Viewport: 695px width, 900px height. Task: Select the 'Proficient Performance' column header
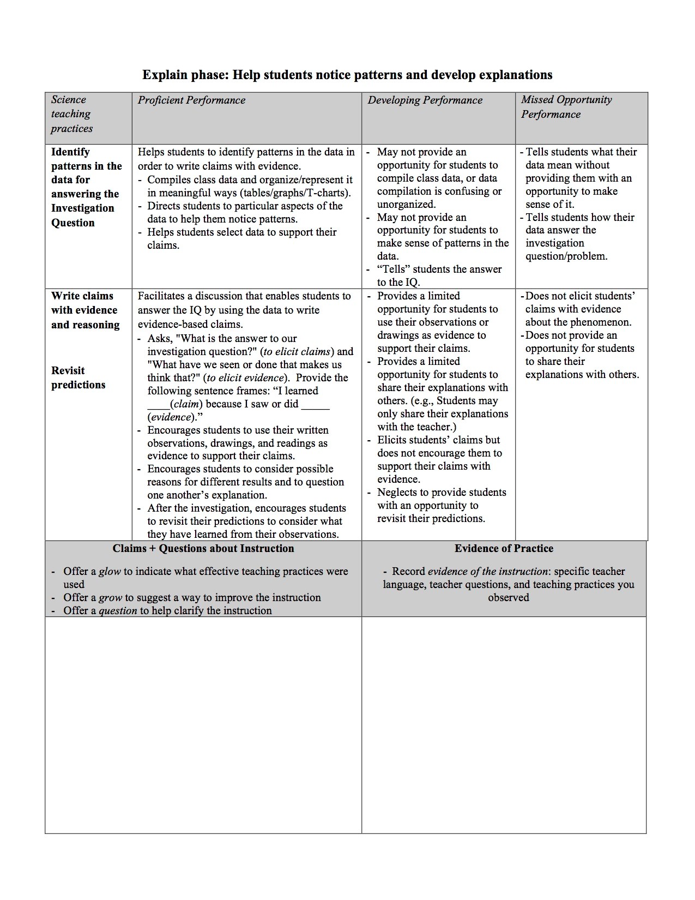point(191,100)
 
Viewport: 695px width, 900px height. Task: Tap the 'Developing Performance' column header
point(425,100)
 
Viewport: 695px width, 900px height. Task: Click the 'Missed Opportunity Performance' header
point(566,107)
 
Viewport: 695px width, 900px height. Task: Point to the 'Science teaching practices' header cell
point(71,114)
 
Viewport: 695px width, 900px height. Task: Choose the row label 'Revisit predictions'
point(78,377)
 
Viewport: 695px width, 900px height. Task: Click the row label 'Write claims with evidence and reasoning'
point(85,310)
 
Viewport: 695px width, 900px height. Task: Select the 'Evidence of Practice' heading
point(504,549)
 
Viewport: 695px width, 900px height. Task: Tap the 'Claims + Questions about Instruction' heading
point(203,549)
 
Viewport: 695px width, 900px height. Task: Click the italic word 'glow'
point(110,572)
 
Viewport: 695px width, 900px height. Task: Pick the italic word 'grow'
point(110,598)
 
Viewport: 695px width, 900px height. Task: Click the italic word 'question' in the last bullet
point(118,611)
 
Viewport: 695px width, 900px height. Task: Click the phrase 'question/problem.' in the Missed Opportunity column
point(566,256)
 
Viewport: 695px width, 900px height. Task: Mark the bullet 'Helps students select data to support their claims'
point(241,238)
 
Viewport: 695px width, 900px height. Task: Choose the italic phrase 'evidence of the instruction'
point(488,572)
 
